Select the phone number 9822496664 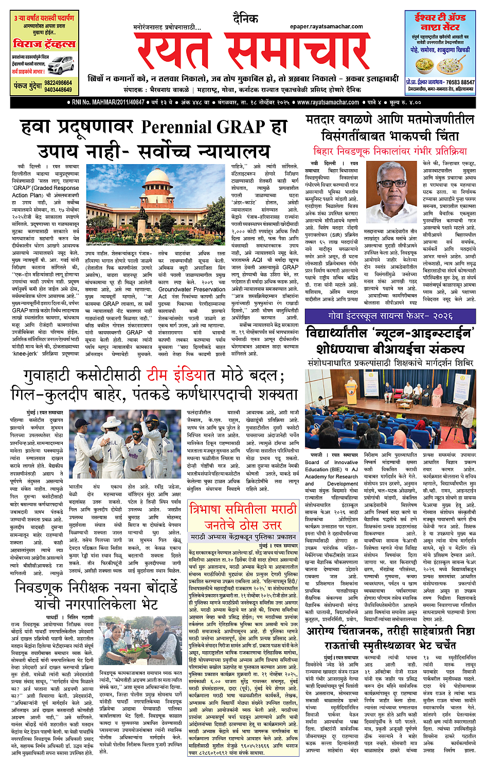point(58,83)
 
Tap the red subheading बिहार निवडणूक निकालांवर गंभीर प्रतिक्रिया point(390,152)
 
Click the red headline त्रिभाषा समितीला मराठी point(243,510)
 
